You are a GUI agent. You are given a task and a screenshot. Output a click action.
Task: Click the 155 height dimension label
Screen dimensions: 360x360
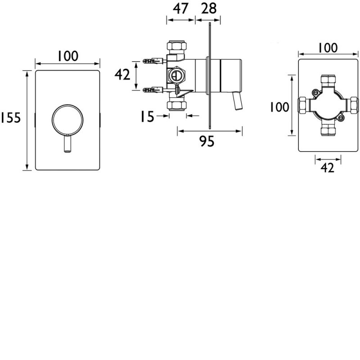pyautogui.click(x=10, y=118)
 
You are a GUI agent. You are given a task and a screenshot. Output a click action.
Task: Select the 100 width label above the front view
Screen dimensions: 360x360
pyautogui.click(x=67, y=56)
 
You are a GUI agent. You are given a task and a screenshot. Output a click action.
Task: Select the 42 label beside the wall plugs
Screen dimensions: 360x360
pyautogui.click(x=122, y=75)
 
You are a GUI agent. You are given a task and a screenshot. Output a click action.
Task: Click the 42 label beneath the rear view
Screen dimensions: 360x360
pyautogui.click(x=328, y=168)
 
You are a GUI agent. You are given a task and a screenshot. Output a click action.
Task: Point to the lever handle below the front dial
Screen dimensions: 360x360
pyautogui.click(x=67, y=145)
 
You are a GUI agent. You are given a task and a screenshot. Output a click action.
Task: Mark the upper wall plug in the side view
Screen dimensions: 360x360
pyautogui.click(x=152, y=60)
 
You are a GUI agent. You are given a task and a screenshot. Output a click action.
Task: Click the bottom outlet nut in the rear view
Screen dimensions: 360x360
pyautogui.click(x=327, y=131)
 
